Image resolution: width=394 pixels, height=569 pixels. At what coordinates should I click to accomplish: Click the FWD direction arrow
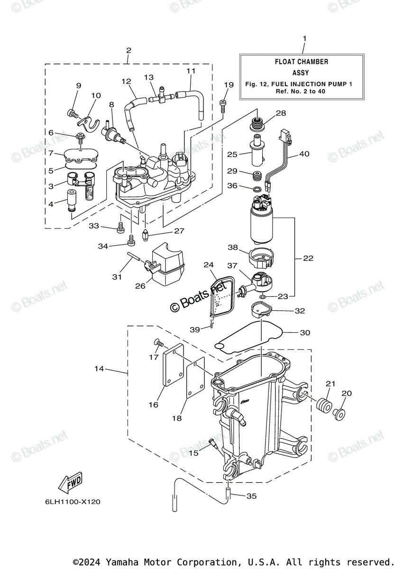pyautogui.click(x=70, y=482)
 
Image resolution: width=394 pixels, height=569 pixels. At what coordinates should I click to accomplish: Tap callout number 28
pyautogui.click(x=294, y=113)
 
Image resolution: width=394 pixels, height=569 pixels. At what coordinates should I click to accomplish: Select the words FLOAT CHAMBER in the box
pyautogui.click(x=302, y=62)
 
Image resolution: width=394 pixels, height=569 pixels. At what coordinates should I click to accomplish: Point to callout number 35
pyautogui.click(x=251, y=496)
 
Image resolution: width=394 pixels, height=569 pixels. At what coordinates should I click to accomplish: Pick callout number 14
pyautogui.click(x=99, y=368)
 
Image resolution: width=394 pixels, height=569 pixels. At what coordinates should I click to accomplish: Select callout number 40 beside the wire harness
pyautogui.click(x=304, y=154)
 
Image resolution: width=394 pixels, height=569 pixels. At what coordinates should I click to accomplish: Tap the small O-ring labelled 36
pyautogui.click(x=257, y=190)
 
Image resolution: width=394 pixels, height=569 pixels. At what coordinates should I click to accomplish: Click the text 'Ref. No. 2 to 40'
pyautogui.click(x=301, y=91)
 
